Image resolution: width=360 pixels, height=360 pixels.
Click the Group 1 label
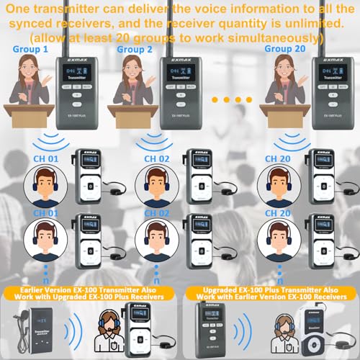[x=31, y=50]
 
